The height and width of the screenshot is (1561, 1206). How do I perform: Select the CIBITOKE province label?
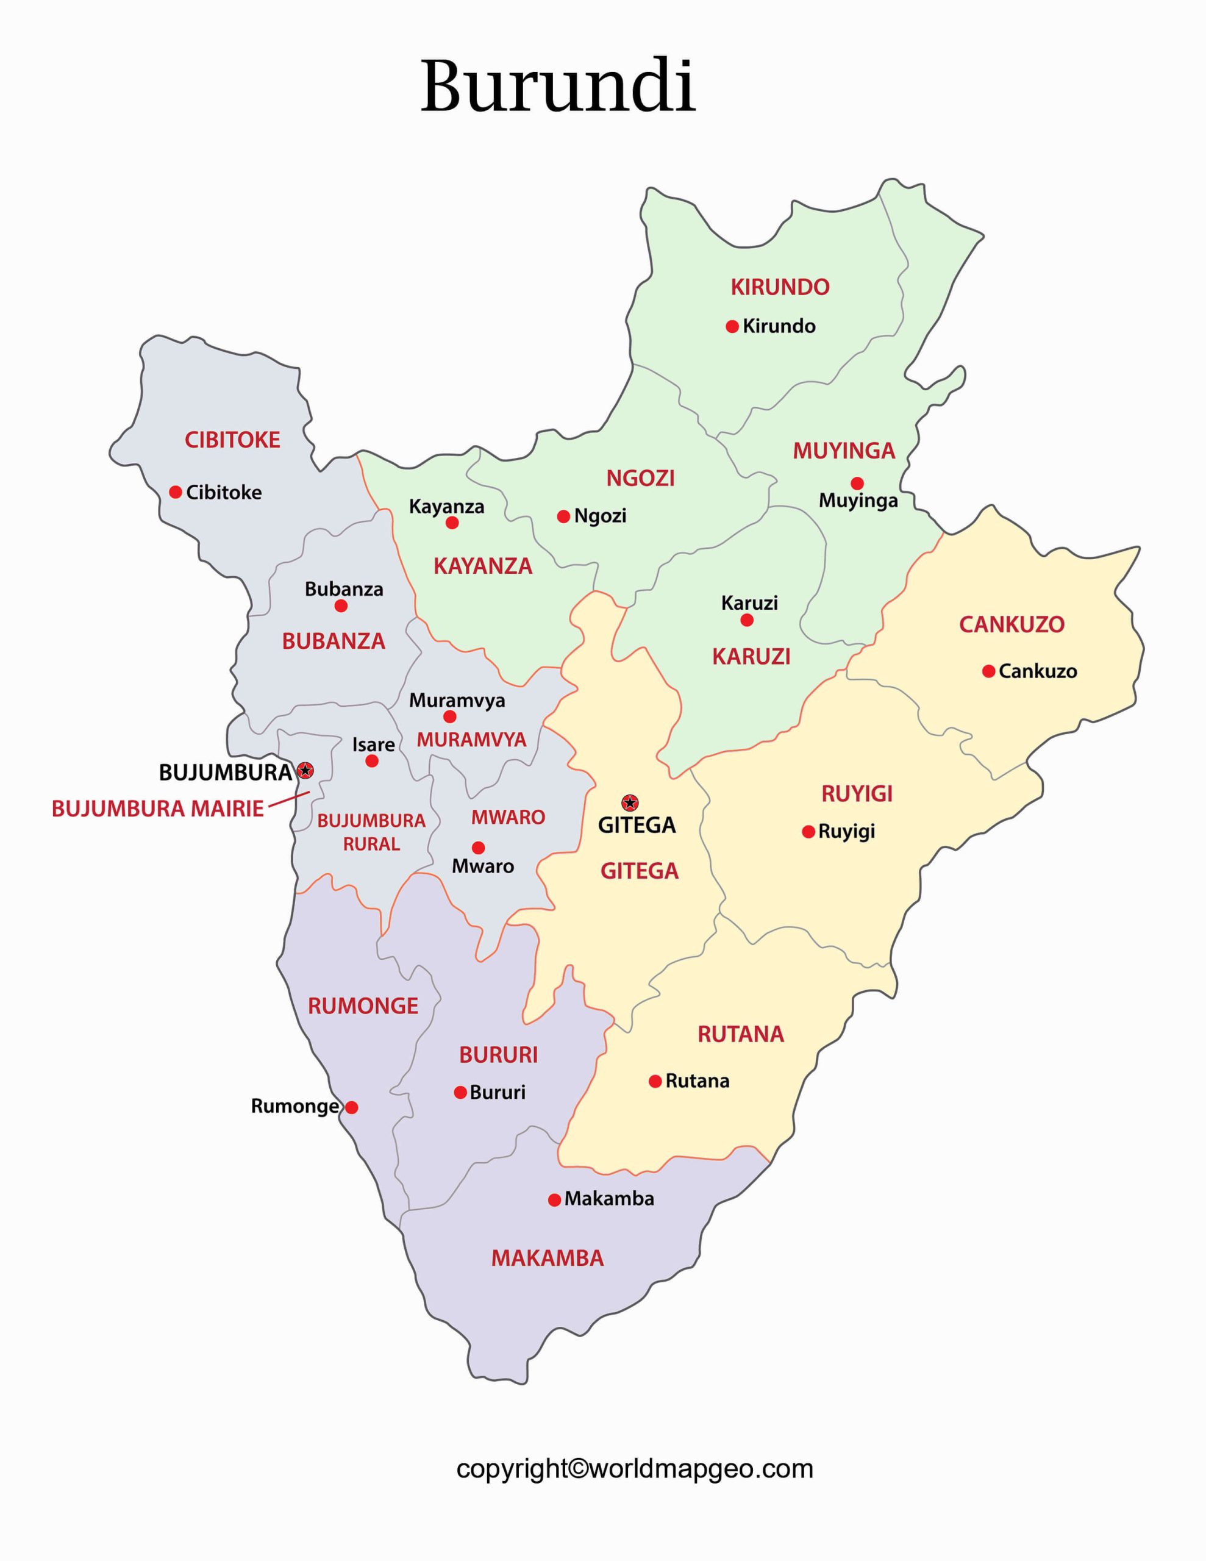pos(232,440)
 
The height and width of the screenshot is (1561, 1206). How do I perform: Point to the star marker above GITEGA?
pos(630,802)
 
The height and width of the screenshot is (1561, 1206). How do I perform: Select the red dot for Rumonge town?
pos(352,1107)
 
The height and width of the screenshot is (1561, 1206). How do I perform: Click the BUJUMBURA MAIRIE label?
pos(157,809)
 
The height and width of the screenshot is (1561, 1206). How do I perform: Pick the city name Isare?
pos(373,744)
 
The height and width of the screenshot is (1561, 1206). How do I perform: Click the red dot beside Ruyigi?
pos(808,831)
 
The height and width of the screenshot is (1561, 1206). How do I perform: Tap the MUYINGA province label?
pos(844,451)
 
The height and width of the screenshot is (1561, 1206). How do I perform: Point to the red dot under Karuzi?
pos(746,620)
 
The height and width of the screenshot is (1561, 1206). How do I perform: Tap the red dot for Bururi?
pos(460,1092)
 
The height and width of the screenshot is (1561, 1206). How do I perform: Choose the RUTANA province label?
pos(741,1034)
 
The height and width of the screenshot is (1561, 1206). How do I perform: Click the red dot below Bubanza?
pos(341,606)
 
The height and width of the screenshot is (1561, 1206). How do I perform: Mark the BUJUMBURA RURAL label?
pos(371,832)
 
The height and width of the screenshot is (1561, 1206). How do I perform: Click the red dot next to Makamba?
pos(554,1200)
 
